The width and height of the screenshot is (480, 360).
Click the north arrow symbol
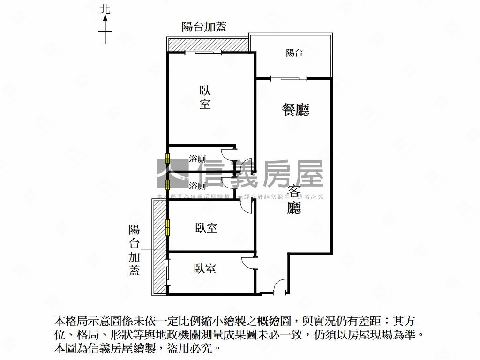105,30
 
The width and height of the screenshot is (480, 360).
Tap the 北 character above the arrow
105,8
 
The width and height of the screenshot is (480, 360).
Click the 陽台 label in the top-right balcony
294,53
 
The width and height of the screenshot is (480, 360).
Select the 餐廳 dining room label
295,110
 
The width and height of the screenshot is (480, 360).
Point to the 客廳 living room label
294,199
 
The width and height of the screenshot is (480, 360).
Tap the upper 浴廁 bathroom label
197,159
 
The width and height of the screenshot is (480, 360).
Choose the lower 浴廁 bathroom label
197,186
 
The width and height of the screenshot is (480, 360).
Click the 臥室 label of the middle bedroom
206,228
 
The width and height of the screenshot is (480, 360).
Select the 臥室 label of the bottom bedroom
205,269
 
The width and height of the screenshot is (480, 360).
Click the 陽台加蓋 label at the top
204,27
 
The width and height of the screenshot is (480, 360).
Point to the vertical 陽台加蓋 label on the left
135,250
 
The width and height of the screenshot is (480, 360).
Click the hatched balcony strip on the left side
159,246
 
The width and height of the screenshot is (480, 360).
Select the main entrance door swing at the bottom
279,287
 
